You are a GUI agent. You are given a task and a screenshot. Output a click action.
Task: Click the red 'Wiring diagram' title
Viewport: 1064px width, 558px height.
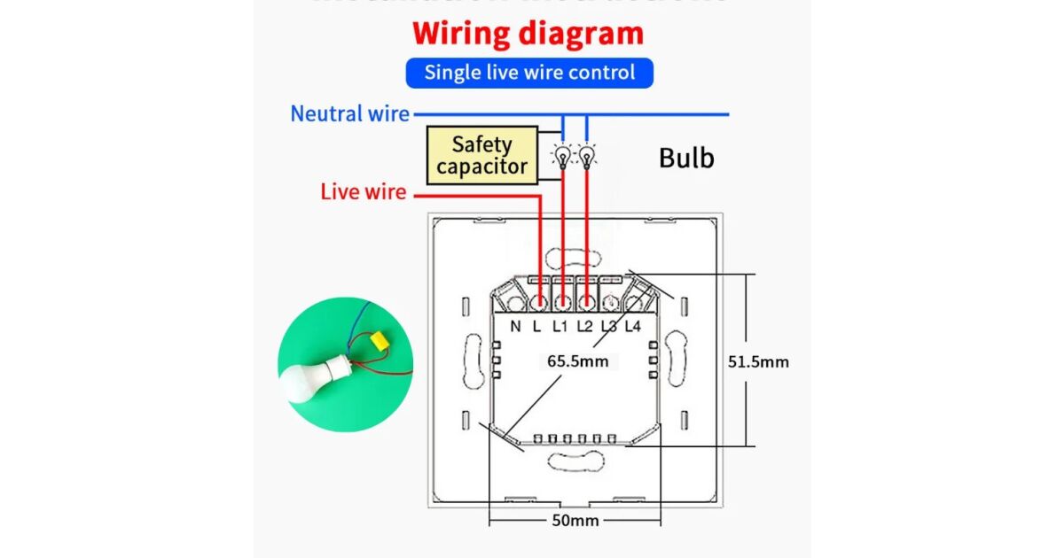(528, 34)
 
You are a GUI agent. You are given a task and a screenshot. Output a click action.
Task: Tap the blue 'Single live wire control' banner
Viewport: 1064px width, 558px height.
(529, 73)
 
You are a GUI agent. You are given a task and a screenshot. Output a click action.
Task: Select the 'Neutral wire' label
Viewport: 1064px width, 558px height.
(350, 114)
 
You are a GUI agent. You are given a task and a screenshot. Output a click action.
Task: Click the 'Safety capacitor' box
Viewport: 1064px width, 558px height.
(481, 155)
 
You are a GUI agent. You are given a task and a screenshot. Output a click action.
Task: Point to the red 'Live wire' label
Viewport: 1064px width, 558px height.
(364, 191)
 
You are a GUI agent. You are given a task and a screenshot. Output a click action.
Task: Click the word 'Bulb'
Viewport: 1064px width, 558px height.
(686, 159)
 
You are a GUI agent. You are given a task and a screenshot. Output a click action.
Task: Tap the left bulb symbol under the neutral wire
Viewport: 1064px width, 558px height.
(561, 156)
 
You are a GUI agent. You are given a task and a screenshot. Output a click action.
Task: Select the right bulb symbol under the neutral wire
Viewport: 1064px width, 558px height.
(585, 156)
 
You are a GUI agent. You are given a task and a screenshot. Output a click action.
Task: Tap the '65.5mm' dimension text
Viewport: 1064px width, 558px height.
(577, 361)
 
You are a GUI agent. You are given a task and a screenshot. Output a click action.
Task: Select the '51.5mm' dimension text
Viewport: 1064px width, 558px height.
(758, 361)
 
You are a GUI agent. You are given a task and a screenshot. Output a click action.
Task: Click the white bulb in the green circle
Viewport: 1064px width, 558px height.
(305, 379)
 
